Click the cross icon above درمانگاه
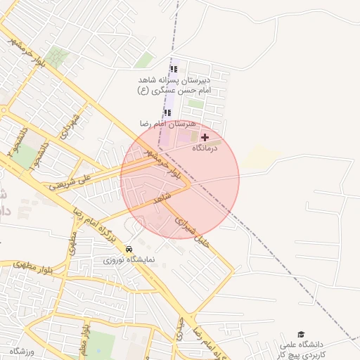[205, 137]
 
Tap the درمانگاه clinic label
[205, 148]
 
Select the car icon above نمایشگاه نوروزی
[129, 250]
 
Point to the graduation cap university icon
[301, 334]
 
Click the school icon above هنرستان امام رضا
[167, 112]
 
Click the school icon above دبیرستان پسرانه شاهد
[174, 69]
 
